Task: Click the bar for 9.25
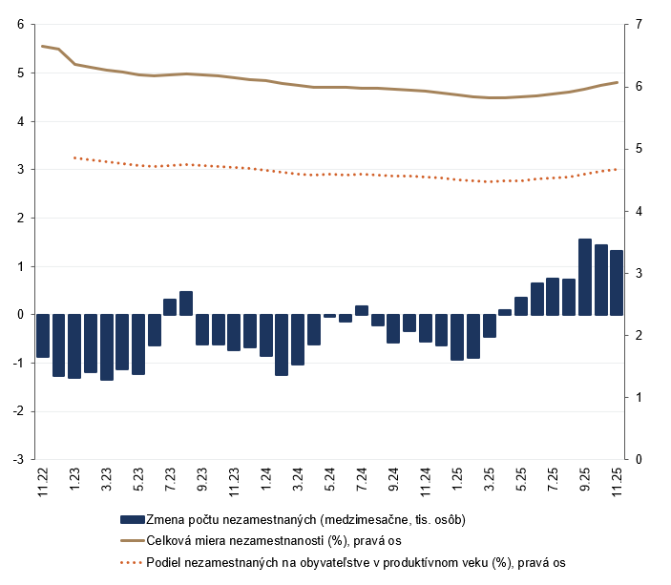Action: (x=585, y=277)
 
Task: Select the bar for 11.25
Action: (x=617, y=282)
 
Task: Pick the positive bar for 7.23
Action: (x=170, y=306)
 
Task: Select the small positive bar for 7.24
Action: (x=361, y=310)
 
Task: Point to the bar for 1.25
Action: (x=457, y=337)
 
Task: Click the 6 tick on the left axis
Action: (x=20, y=24)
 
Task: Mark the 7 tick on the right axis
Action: (x=638, y=24)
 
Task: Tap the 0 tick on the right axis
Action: (x=638, y=459)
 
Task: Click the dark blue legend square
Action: (x=132, y=519)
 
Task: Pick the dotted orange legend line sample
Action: (x=132, y=562)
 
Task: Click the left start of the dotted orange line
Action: (x=74, y=157)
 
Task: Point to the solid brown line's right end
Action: (x=617, y=82)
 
